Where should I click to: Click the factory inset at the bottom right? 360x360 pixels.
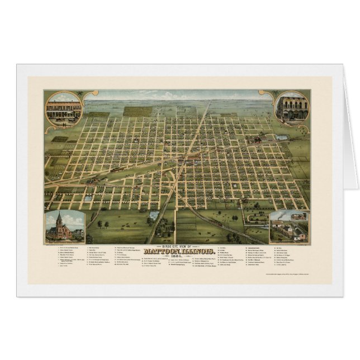pyautogui.click(x=288, y=226)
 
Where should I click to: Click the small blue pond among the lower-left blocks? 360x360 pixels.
pyautogui.click(x=88, y=197)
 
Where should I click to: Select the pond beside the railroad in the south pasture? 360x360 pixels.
pyautogui.click(x=154, y=215)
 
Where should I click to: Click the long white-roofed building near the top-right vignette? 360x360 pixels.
pyautogui.click(x=282, y=138)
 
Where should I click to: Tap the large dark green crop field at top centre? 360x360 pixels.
pyautogui.click(x=138, y=111)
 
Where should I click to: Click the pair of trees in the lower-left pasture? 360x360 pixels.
pyautogui.click(x=103, y=225)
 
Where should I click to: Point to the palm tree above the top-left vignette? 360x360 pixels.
pyautogui.click(x=80, y=93)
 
